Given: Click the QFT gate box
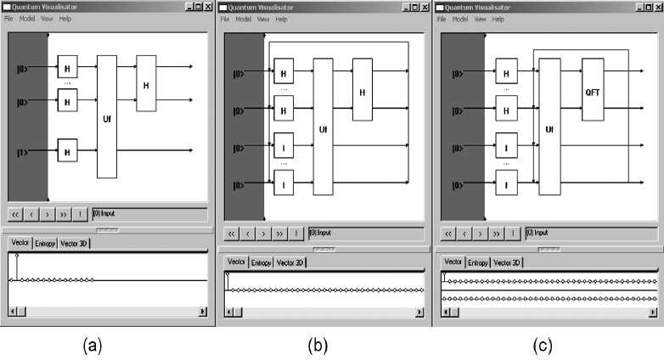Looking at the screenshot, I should pos(593,89).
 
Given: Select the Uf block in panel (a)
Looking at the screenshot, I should pos(106,116).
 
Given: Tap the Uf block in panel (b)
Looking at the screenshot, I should pos(323,129).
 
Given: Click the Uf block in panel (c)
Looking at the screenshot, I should pos(549,129).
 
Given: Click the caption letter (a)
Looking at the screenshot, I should pos(93,345).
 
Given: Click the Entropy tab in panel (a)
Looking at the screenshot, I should pos(45,244).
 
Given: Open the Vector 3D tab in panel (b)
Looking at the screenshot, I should pos(290,263).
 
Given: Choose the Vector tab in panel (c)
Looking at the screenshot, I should pos(453,262).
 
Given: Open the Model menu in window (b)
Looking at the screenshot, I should pos(245,19).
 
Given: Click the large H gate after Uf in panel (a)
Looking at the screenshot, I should pos(146,84).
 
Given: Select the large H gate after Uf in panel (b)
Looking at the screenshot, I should pos(363,91).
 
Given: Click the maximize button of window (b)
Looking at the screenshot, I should pos(414,7).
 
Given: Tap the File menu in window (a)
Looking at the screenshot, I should pos(10,18).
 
